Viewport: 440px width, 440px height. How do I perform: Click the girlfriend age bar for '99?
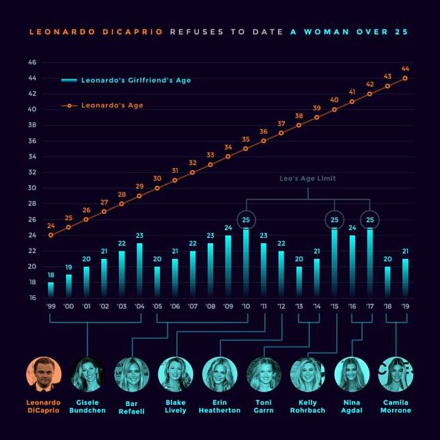[x=51, y=290]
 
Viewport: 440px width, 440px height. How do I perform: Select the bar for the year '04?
[x=139, y=271]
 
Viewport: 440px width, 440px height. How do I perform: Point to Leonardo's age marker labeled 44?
[x=405, y=78]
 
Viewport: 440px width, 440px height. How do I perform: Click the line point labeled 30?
[x=157, y=188]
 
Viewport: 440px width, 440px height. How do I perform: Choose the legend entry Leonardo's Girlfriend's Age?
[x=126, y=81]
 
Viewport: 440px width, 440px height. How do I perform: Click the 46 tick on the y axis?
[x=31, y=62]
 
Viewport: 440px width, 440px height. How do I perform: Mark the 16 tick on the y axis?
[x=31, y=299]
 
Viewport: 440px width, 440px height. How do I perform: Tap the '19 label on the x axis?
[x=405, y=307]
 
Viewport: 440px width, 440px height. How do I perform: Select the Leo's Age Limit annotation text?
[x=307, y=178]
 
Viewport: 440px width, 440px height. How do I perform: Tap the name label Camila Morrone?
[x=396, y=406]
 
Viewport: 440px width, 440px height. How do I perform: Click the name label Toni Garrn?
[x=264, y=406]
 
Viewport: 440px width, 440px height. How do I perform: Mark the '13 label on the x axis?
[x=299, y=307]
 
